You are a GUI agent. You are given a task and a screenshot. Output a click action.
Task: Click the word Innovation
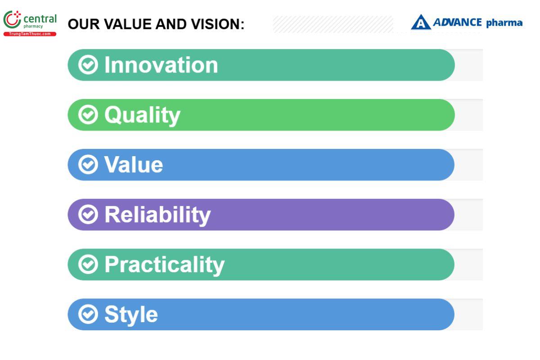(x=161, y=65)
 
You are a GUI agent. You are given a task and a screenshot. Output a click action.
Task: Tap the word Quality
(x=142, y=116)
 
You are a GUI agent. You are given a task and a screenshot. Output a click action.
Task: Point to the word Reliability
(x=157, y=215)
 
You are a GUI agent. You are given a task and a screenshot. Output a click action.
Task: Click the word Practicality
(x=164, y=265)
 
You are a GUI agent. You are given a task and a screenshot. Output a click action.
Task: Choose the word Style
(x=131, y=315)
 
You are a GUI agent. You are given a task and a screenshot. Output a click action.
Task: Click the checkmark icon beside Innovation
(x=88, y=65)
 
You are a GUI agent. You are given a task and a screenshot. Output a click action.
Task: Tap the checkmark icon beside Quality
(x=88, y=115)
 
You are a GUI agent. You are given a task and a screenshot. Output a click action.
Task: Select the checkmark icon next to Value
(x=88, y=164)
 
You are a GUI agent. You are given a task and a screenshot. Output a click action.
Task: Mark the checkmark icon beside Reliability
(x=88, y=214)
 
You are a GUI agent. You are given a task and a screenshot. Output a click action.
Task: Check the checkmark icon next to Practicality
(x=88, y=264)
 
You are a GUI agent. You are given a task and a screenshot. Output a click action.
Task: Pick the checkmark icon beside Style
(x=88, y=314)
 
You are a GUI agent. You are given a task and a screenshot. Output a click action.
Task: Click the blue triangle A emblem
(x=421, y=22)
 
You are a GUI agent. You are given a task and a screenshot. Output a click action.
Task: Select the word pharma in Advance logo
(x=504, y=23)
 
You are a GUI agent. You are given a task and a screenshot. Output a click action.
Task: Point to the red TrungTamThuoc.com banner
(x=30, y=34)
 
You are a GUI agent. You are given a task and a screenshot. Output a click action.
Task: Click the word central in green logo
(x=40, y=19)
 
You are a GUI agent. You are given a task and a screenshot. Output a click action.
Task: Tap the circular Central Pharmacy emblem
(x=12, y=20)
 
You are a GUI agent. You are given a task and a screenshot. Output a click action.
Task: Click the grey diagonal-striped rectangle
(x=333, y=24)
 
